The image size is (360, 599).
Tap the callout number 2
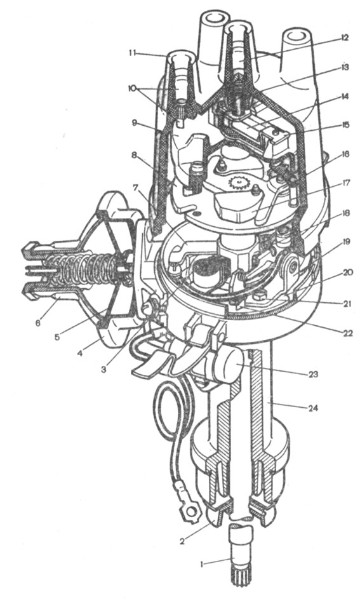182,541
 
